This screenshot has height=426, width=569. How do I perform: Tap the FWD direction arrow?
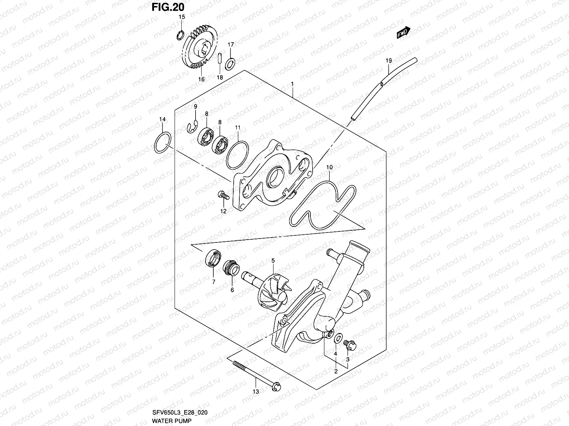click(404, 33)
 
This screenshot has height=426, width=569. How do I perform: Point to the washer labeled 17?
click(230, 63)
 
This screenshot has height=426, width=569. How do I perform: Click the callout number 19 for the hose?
click(388, 61)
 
